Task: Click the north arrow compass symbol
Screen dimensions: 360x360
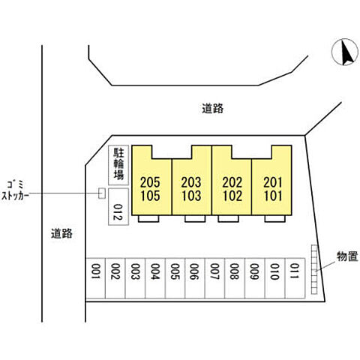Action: pos(344,52)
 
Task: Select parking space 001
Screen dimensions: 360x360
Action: pos(95,278)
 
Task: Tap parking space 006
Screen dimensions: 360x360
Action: pos(195,278)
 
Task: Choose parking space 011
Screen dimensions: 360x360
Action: pos(295,278)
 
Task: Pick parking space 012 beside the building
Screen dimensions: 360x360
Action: pos(118,207)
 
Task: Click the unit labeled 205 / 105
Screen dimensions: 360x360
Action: pos(151,180)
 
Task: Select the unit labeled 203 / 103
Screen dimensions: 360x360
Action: pos(192,180)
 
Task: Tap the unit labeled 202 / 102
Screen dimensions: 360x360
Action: pos(232,180)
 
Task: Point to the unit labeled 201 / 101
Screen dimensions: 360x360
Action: pos(271,180)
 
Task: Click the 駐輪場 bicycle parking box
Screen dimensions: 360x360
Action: pos(118,165)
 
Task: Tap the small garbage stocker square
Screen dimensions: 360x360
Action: pos(102,193)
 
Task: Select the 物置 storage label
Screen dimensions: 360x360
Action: pos(347,256)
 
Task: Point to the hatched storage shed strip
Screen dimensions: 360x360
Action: pos(314,269)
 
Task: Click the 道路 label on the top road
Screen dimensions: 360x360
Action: pos(213,109)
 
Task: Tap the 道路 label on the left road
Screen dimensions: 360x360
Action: pos(61,233)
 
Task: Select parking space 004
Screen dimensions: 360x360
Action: pos(155,278)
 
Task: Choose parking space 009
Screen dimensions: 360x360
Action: pos(254,278)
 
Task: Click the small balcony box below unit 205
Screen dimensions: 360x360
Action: pos(148,218)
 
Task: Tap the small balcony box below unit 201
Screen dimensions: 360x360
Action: pos(275,218)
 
